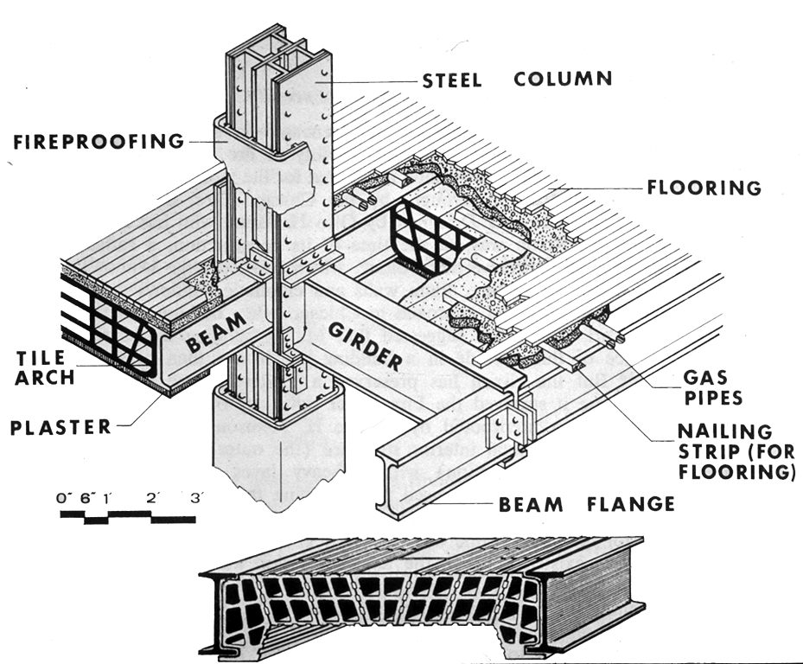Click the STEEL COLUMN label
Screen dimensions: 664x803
tap(517, 80)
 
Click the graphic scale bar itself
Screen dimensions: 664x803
tap(128, 517)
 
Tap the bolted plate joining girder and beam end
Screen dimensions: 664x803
tap(510, 426)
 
